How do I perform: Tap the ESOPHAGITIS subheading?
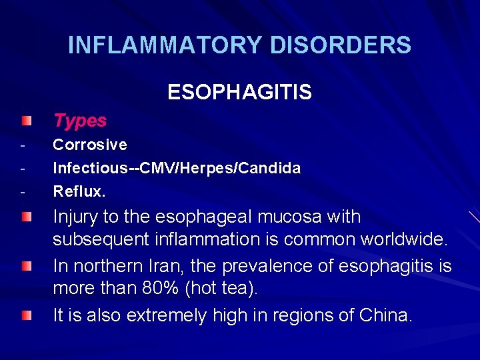click(x=239, y=92)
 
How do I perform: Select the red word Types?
click(x=80, y=121)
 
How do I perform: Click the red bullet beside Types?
click(x=25, y=121)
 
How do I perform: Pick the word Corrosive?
click(x=90, y=145)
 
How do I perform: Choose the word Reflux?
click(x=79, y=191)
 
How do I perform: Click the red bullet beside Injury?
click(x=25, y=217)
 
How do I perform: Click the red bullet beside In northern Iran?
click(x=25, y=267)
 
